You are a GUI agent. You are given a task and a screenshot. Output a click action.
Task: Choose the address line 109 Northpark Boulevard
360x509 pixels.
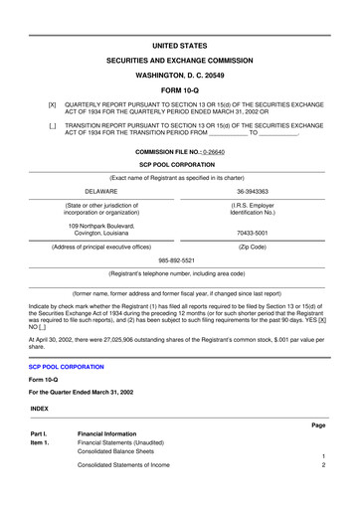coord(101,224)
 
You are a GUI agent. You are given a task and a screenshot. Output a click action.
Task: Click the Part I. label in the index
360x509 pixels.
coord(40,433)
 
